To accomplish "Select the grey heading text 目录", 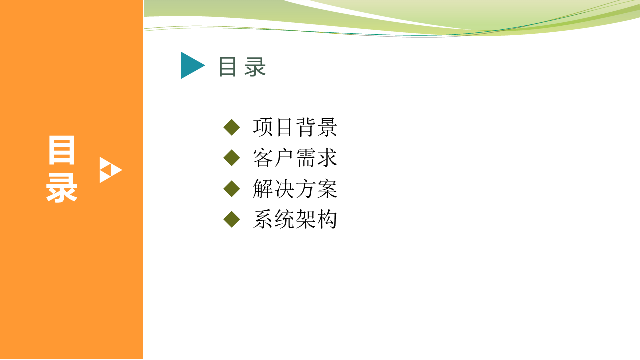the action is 242,67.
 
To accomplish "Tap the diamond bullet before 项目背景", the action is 231,127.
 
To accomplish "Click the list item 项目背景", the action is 295,127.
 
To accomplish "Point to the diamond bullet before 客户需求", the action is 231,158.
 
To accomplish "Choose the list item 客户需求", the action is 295,158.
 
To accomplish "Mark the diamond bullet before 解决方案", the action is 231,189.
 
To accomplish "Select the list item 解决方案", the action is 295,189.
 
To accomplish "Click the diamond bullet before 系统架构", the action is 231,219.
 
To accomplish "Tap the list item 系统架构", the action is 295,219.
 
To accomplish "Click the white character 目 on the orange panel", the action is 62,150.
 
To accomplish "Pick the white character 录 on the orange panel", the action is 62,188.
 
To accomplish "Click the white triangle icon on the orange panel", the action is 111,170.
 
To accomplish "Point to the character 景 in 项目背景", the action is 327,127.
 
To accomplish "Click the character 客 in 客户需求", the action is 263,158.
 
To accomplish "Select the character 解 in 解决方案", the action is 263,189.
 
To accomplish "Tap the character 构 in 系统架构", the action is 327,219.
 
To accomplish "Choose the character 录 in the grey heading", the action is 255,67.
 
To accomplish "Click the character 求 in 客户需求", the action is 327,158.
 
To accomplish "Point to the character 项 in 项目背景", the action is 263,127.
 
